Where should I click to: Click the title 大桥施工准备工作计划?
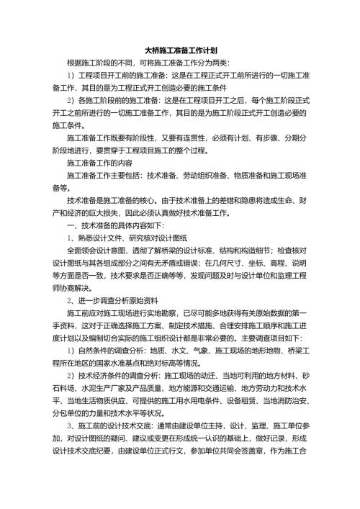click(181, 50)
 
